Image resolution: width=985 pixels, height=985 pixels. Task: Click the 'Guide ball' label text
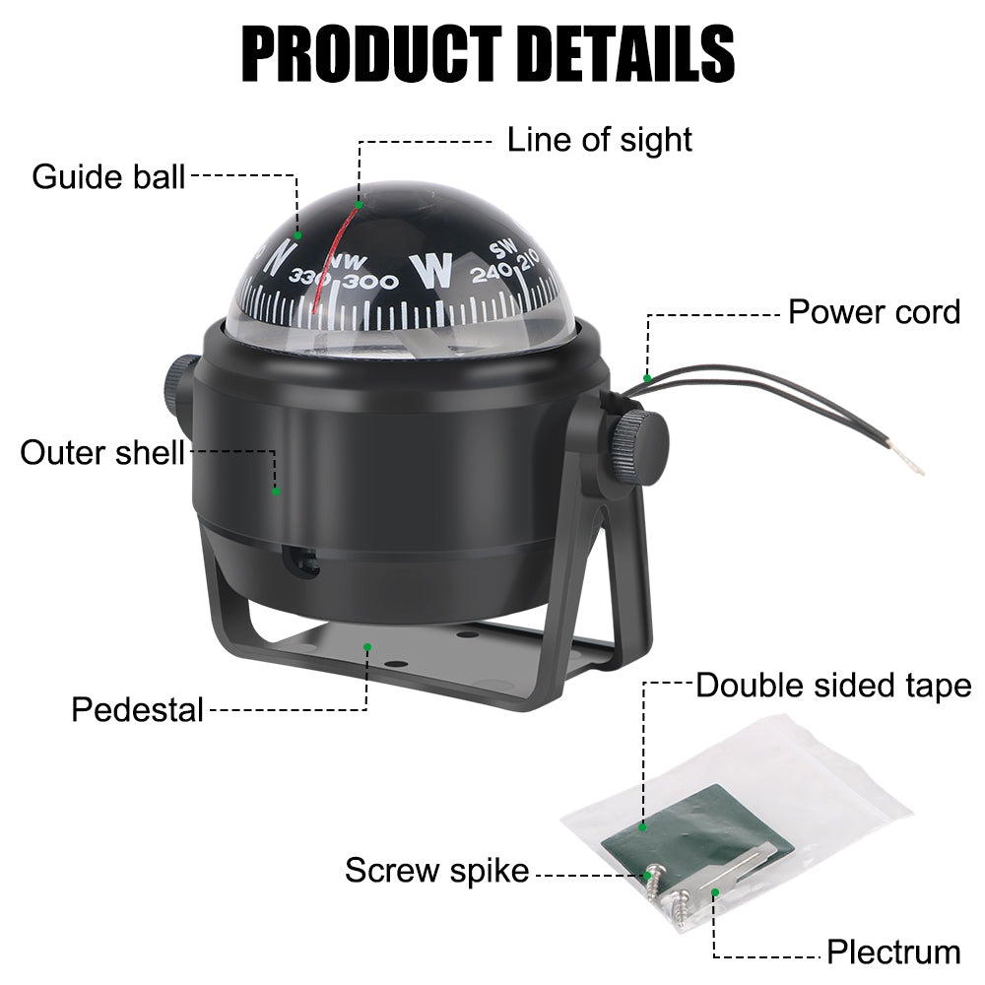108,177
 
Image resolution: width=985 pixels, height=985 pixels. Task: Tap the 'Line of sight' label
599,140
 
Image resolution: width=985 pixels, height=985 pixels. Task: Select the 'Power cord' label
874,312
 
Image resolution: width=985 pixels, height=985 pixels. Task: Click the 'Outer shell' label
102,453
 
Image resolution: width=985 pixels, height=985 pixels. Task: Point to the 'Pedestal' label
137,708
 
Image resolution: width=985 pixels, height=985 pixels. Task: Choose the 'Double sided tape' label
833,686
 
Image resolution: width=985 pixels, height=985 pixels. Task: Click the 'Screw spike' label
436,871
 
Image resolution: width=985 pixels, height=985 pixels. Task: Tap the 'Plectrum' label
892,952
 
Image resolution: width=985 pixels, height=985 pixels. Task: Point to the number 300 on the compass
375,283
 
